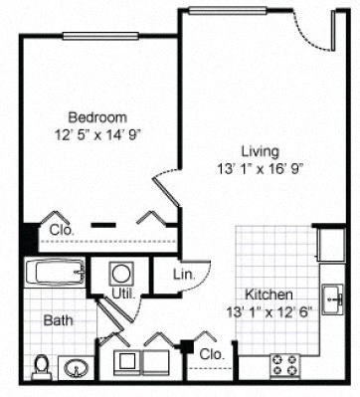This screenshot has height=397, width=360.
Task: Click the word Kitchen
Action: point(269,295)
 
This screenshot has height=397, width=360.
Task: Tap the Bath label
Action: point(56,321)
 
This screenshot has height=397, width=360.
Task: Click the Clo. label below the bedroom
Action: point(61,231)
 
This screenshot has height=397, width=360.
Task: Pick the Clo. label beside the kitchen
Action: point(211,353)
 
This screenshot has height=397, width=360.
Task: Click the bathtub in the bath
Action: point(54,273)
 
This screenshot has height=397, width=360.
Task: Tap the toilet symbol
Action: point(40,368)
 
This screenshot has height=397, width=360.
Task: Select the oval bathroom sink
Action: point(76,369)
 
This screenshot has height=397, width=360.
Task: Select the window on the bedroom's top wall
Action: point(99,36)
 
